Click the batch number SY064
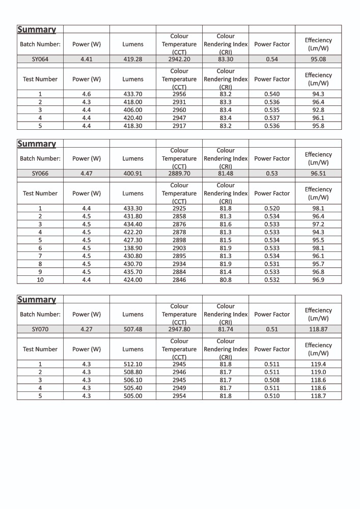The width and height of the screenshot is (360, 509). coord(40,59)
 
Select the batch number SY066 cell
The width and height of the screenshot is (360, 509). coord(40,173)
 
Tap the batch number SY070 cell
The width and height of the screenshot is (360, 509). coord(40,329)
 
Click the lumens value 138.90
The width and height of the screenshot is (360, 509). coord(133,248)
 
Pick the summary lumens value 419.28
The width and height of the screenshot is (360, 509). coord(133,59)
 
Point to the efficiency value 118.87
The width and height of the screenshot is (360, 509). coord(318,329)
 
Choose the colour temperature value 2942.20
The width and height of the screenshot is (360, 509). coord(179,59)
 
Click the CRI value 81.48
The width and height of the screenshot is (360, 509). coord(226,173)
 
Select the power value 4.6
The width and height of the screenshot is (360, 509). coord(87,94)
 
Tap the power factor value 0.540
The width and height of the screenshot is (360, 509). coord(272,94)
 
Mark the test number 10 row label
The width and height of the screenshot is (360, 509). coord(40,280)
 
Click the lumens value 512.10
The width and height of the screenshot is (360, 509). coord(133,364)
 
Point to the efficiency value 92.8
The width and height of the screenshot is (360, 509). coord(318,110)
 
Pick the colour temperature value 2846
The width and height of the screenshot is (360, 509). coord(179,280)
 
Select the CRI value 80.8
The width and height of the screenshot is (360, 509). coord(226,280)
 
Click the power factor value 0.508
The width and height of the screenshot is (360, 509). coord(272,380)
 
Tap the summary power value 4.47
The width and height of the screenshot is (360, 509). coord(87,173)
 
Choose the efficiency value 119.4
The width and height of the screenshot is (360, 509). coord(318,364)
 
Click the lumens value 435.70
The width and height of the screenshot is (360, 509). coord(133,272)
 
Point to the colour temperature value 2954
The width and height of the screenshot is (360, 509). coord(179,395)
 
